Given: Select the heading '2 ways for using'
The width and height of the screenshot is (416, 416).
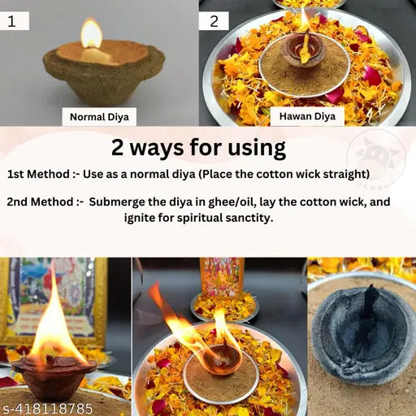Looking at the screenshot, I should (198, 148).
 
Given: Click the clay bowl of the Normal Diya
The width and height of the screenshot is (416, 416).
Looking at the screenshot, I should (102, 75).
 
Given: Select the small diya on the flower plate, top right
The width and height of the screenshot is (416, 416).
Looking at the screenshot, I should (303, 50).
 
